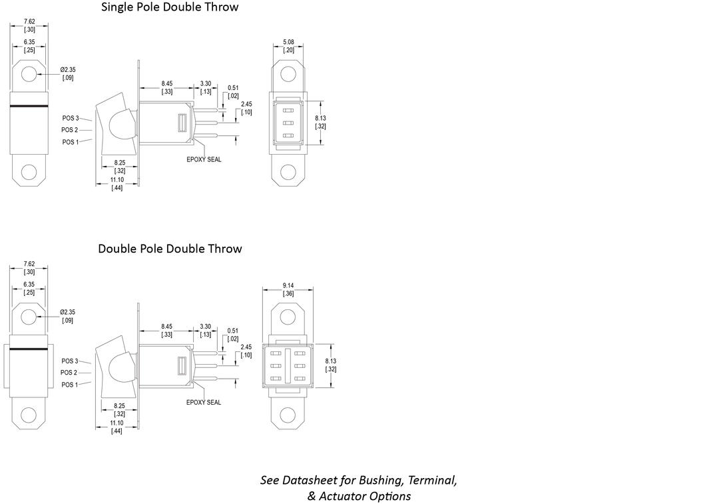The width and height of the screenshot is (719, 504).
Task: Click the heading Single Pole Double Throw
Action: click(x=170, y=7)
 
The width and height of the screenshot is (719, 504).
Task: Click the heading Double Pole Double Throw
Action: click(x=170, y=249)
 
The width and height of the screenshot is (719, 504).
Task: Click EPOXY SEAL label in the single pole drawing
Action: click(x=204, y=159)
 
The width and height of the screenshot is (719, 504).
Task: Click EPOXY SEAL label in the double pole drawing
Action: click(x=204, y=402)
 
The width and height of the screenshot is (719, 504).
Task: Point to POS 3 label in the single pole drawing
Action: click(x=71, y=118)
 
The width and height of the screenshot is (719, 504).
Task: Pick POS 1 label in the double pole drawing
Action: click(x=70, y=385)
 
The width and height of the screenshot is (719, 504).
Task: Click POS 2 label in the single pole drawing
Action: click(x=70, y=130)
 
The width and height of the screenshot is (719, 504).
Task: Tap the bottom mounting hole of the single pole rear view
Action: click(x=288, y=171)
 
